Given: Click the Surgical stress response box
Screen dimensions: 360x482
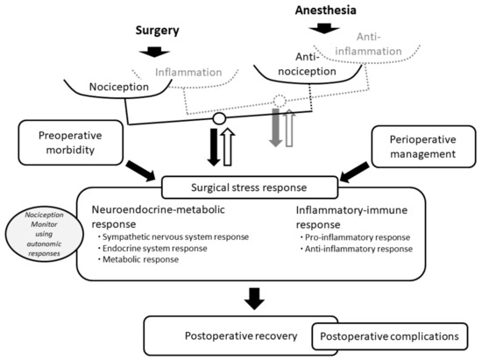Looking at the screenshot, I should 248,185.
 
